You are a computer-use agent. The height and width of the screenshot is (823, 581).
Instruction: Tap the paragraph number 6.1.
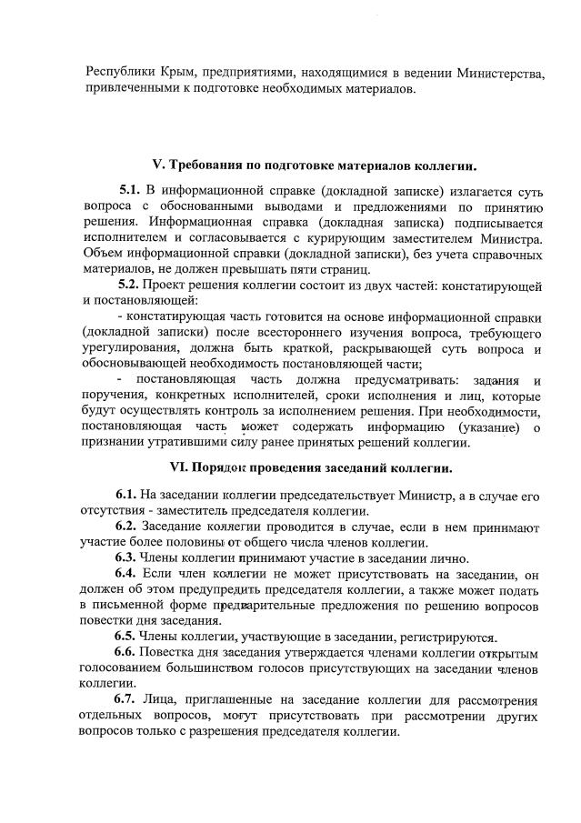126,495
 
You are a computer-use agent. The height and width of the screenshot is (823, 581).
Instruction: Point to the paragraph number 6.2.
126,527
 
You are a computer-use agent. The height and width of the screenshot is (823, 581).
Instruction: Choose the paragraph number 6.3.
126,558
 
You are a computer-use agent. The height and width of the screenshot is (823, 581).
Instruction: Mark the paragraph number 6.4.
126,574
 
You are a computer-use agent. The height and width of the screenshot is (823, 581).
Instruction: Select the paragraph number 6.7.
126,700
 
